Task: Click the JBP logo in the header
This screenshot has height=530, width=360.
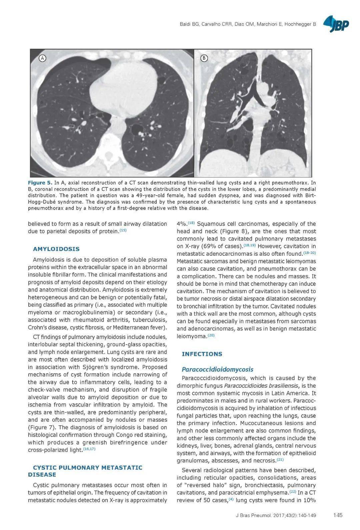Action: tap(336, 24)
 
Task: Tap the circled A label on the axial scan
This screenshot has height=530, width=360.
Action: tap(43, 58)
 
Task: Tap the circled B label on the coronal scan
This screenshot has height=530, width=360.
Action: tap(204, 58)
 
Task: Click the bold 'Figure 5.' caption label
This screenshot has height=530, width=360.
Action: tap(40, 183)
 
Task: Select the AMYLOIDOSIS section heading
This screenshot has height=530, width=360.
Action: tap(56, 249)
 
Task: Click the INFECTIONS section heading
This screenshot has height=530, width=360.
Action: tap(202, 354)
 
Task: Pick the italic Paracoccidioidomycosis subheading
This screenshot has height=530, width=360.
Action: tap(217, 369)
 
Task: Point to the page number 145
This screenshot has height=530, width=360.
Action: tap(338, 515)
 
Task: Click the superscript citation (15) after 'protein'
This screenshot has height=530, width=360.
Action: tap(123, 230)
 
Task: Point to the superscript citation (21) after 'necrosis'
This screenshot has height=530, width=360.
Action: tap(280, 460)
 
